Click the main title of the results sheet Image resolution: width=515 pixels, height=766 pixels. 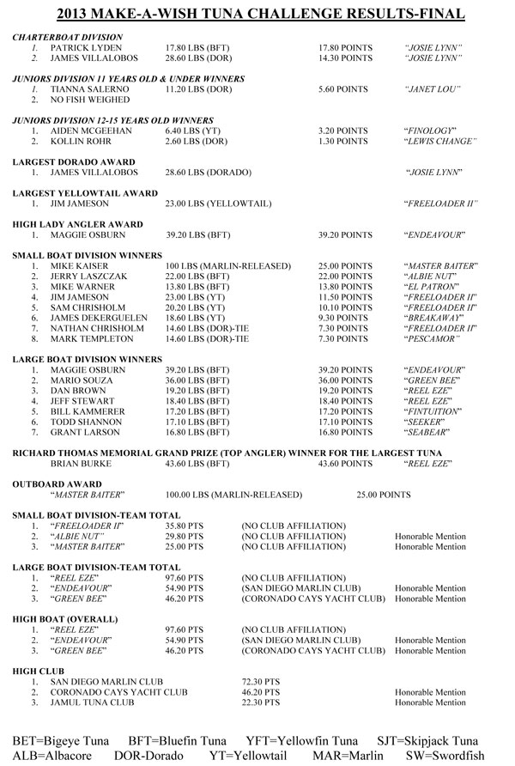click(257, 14)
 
